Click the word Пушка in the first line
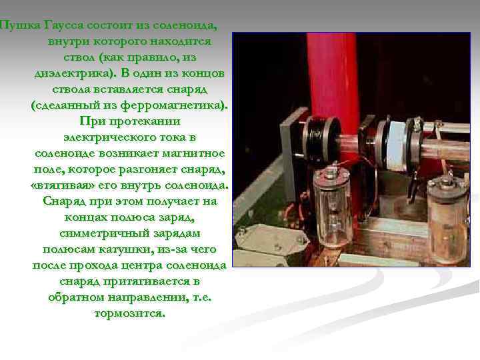coord(20,26)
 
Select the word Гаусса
coord(64,25)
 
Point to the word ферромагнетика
coord(174,105)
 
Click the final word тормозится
coord(129,313)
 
